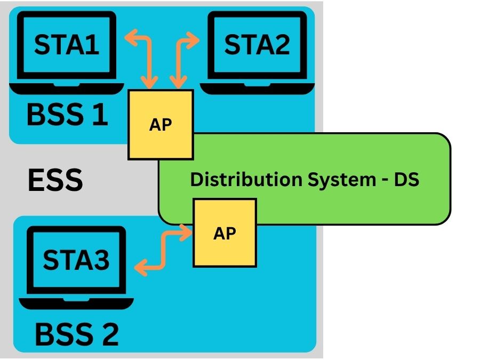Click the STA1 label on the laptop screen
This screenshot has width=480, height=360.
[67, 45]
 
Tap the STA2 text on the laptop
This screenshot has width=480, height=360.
[257, 45]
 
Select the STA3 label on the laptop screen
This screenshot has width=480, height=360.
[76, 260]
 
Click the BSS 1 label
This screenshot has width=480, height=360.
[67, 114]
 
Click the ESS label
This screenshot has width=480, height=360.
[55, 180]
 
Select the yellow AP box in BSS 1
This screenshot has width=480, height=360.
[161, 125]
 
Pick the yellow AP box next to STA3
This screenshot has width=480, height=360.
[225, 233]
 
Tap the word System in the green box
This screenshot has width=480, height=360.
[342, 180]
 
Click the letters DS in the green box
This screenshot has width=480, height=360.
[406, 179]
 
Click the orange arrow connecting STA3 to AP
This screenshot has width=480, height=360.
[164, 251]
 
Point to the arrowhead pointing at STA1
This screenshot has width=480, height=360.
[131, 37]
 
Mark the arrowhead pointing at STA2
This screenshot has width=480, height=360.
[193, 40]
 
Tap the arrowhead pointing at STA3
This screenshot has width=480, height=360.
[140, 268]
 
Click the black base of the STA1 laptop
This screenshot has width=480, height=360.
[67, 88]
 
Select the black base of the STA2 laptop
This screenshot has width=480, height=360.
[257, 88]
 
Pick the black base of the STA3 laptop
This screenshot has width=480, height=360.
[76, 303]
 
